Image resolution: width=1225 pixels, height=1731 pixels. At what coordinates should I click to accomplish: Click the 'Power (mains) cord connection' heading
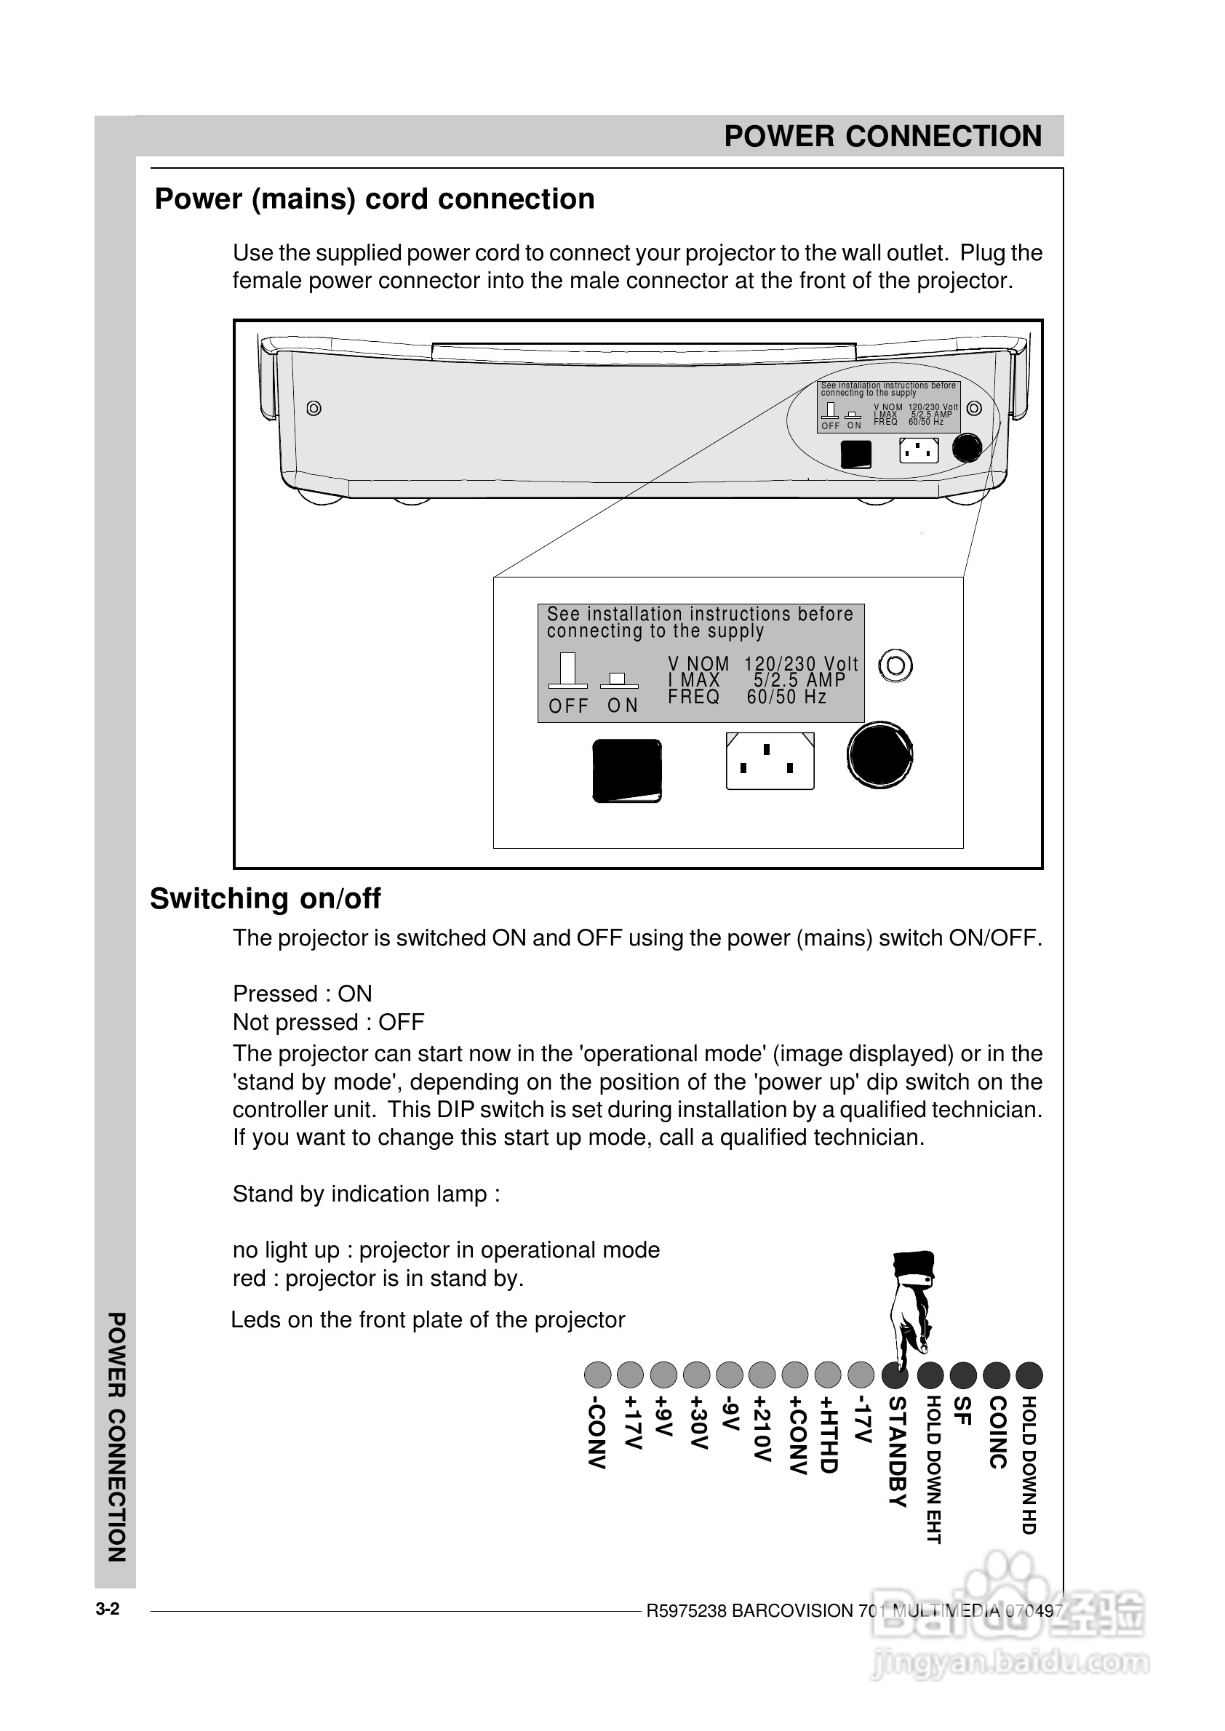pyautogui.click(x=374, y=199)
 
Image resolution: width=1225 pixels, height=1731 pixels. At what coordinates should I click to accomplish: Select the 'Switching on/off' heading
pyautogui.click(x=265, y=898)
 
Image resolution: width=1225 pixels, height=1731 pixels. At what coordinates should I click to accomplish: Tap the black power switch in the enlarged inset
pyautogui.click(x=627, y=770)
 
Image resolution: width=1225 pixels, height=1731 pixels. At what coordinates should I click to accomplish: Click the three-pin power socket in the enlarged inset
pyautogui.click(x=770, y=761)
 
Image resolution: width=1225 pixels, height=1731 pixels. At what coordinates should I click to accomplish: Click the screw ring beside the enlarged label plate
pyautogui.click(x=896, y=665)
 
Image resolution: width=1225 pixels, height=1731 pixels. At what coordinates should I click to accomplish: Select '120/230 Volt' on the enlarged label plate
pyautogui.click(x=801, y=664)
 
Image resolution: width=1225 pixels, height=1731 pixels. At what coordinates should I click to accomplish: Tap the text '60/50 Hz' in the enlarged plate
pyautogui.click(x=787, y=697)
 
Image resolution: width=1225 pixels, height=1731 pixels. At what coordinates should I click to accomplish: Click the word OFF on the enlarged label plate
pyautogui.click(x=568, y=706)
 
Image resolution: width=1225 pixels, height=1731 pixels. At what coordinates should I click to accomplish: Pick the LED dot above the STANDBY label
pyautogui.click(x=895, y=1375)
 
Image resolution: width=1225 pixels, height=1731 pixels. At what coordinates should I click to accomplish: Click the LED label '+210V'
pyautogui.click(x=762, y=1428)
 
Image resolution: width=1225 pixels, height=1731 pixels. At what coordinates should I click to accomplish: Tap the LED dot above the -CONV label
pyautogui.click(x=597, y=1375)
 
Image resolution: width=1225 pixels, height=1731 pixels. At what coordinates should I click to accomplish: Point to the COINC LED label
pyautogui.click(x=997, y=1432)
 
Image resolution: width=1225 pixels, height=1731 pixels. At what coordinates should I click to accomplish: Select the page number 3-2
pyautogui.click(x=107, y=1610)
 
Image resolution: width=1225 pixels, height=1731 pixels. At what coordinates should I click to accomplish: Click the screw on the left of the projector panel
pyautogui.click(x=314, y=408)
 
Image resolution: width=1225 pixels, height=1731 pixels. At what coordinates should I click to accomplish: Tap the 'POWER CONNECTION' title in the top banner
pyautogui.click(x=882, y=137)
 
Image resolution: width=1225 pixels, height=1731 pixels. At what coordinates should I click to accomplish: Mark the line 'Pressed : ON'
pyautogui.click(x=302, y=994)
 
